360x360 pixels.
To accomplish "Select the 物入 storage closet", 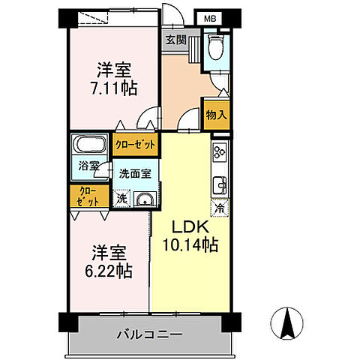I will tap(217, 114).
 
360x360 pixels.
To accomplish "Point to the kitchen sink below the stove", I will tap(220, 184).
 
